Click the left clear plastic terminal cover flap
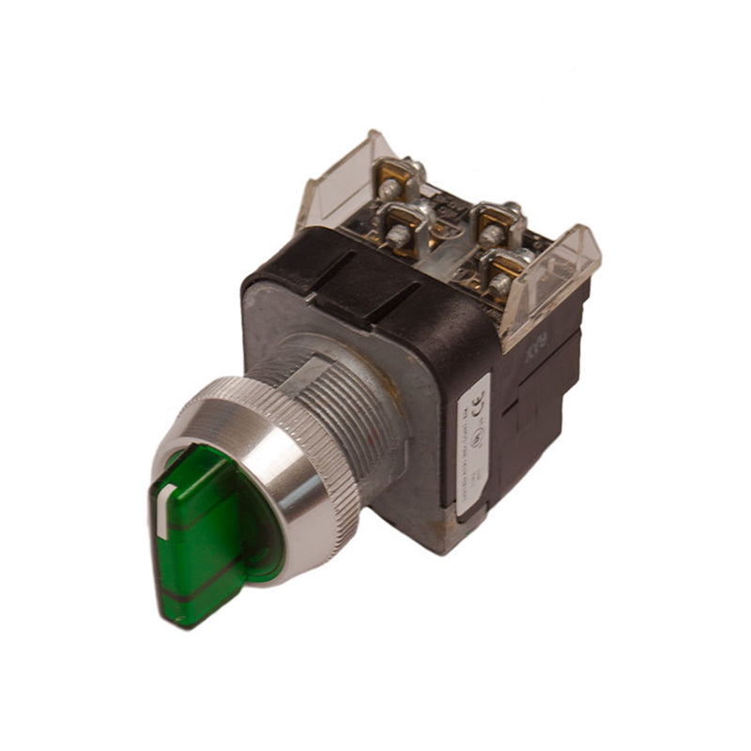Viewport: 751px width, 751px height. [x=338, y=183]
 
